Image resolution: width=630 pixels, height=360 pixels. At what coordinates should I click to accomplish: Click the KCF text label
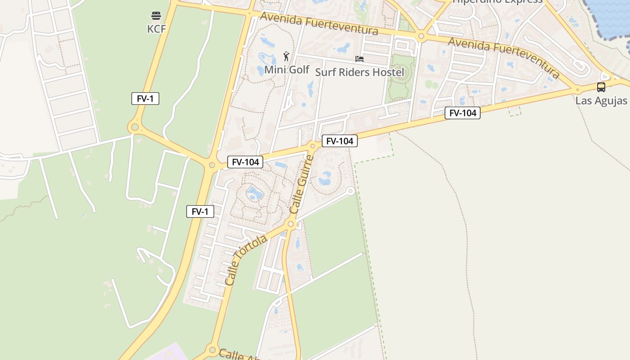tap(157, 29)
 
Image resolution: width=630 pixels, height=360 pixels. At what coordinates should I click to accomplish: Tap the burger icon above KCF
tap(156, 16)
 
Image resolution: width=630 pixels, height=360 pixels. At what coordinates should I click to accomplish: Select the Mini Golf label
tap(287, 70)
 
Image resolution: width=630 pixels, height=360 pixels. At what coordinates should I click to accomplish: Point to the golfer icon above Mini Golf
tap(286, 56)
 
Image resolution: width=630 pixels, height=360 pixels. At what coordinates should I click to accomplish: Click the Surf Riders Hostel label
tap(360, 72)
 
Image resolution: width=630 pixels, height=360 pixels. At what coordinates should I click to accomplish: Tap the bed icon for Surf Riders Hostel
tap(359, 59)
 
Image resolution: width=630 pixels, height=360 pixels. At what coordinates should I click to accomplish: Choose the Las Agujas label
tap(601, 100)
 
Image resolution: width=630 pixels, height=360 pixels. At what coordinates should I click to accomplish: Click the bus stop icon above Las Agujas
tap(601, 87)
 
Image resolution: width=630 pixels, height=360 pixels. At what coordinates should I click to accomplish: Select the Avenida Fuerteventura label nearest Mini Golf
tap(319, 24)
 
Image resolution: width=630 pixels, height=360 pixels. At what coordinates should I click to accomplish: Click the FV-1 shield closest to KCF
tap(145, 99)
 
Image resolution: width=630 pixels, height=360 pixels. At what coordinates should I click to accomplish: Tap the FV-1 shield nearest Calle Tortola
tap(200, 211)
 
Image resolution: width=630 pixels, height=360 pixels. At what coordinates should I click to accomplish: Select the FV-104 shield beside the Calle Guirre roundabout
tap(340, 141)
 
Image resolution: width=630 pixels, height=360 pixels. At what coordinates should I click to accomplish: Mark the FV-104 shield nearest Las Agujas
tap(463, 113)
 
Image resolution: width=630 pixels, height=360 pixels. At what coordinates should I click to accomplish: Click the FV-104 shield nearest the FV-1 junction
tap(245, 162)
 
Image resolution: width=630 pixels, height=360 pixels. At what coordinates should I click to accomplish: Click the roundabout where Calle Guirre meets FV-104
tap(313, 146)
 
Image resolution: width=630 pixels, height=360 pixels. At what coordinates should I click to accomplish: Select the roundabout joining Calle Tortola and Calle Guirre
tap(291, 224)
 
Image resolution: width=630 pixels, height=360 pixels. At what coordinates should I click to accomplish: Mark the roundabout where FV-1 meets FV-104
tap(212, 165)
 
